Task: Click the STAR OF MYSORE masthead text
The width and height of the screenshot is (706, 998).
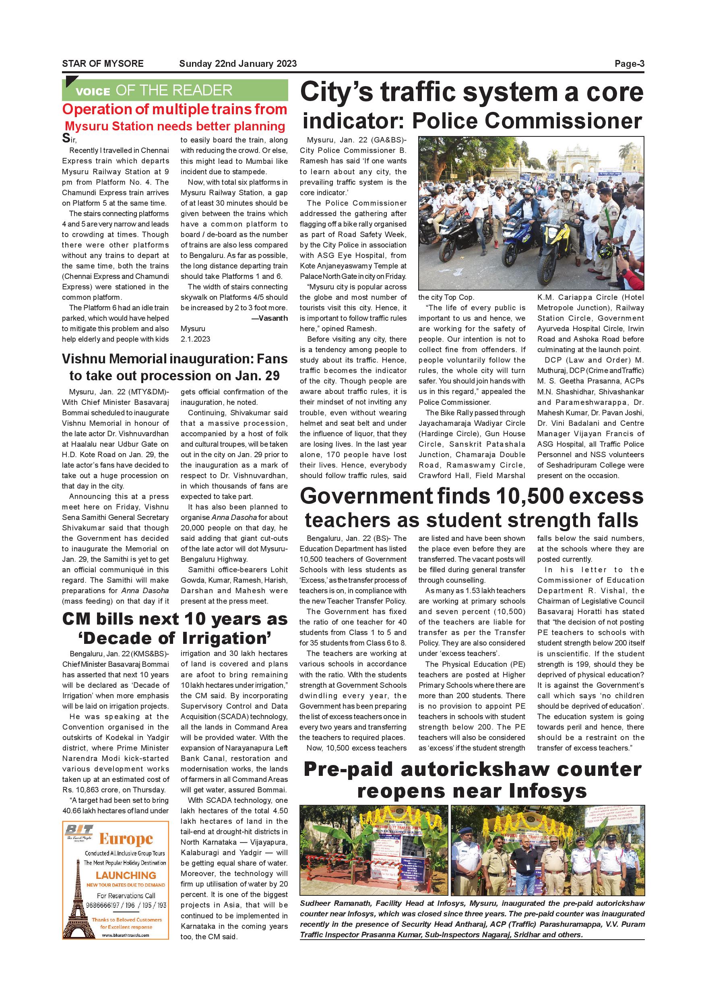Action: [103, 64]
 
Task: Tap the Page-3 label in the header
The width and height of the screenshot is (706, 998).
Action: [629, 64]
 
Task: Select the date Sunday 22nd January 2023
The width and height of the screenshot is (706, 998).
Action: [238, 64]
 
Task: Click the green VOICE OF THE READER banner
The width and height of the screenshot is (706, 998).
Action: [175, 91]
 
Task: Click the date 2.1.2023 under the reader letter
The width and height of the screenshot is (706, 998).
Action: [195, 339]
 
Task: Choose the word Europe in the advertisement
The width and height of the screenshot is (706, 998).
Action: [126, 839]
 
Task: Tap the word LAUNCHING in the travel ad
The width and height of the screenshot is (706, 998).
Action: [126, 875]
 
